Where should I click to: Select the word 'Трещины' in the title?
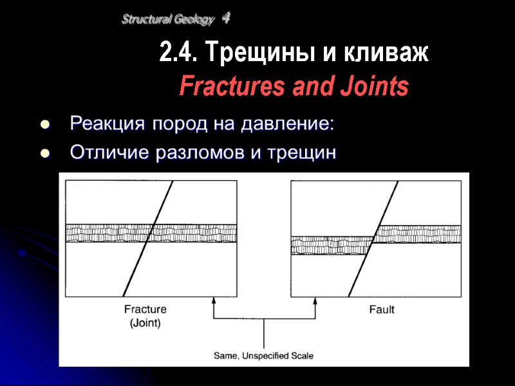click(x=232, y=53)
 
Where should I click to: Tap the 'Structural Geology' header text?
click(x=167, y=20)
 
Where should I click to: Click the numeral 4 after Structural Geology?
click(x=226, y=19)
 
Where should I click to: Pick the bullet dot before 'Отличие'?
click(x=44, y=154)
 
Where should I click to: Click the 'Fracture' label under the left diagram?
click(x=145, y=309)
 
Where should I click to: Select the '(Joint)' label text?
click(x=145, y=322)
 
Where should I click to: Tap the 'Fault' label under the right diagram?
click(x=382, y=309)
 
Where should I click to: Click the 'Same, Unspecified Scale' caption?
click(x=263, y=355)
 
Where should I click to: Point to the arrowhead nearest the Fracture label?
click(x=213, y=300)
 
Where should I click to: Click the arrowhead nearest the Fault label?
click(x=315, y=300)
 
